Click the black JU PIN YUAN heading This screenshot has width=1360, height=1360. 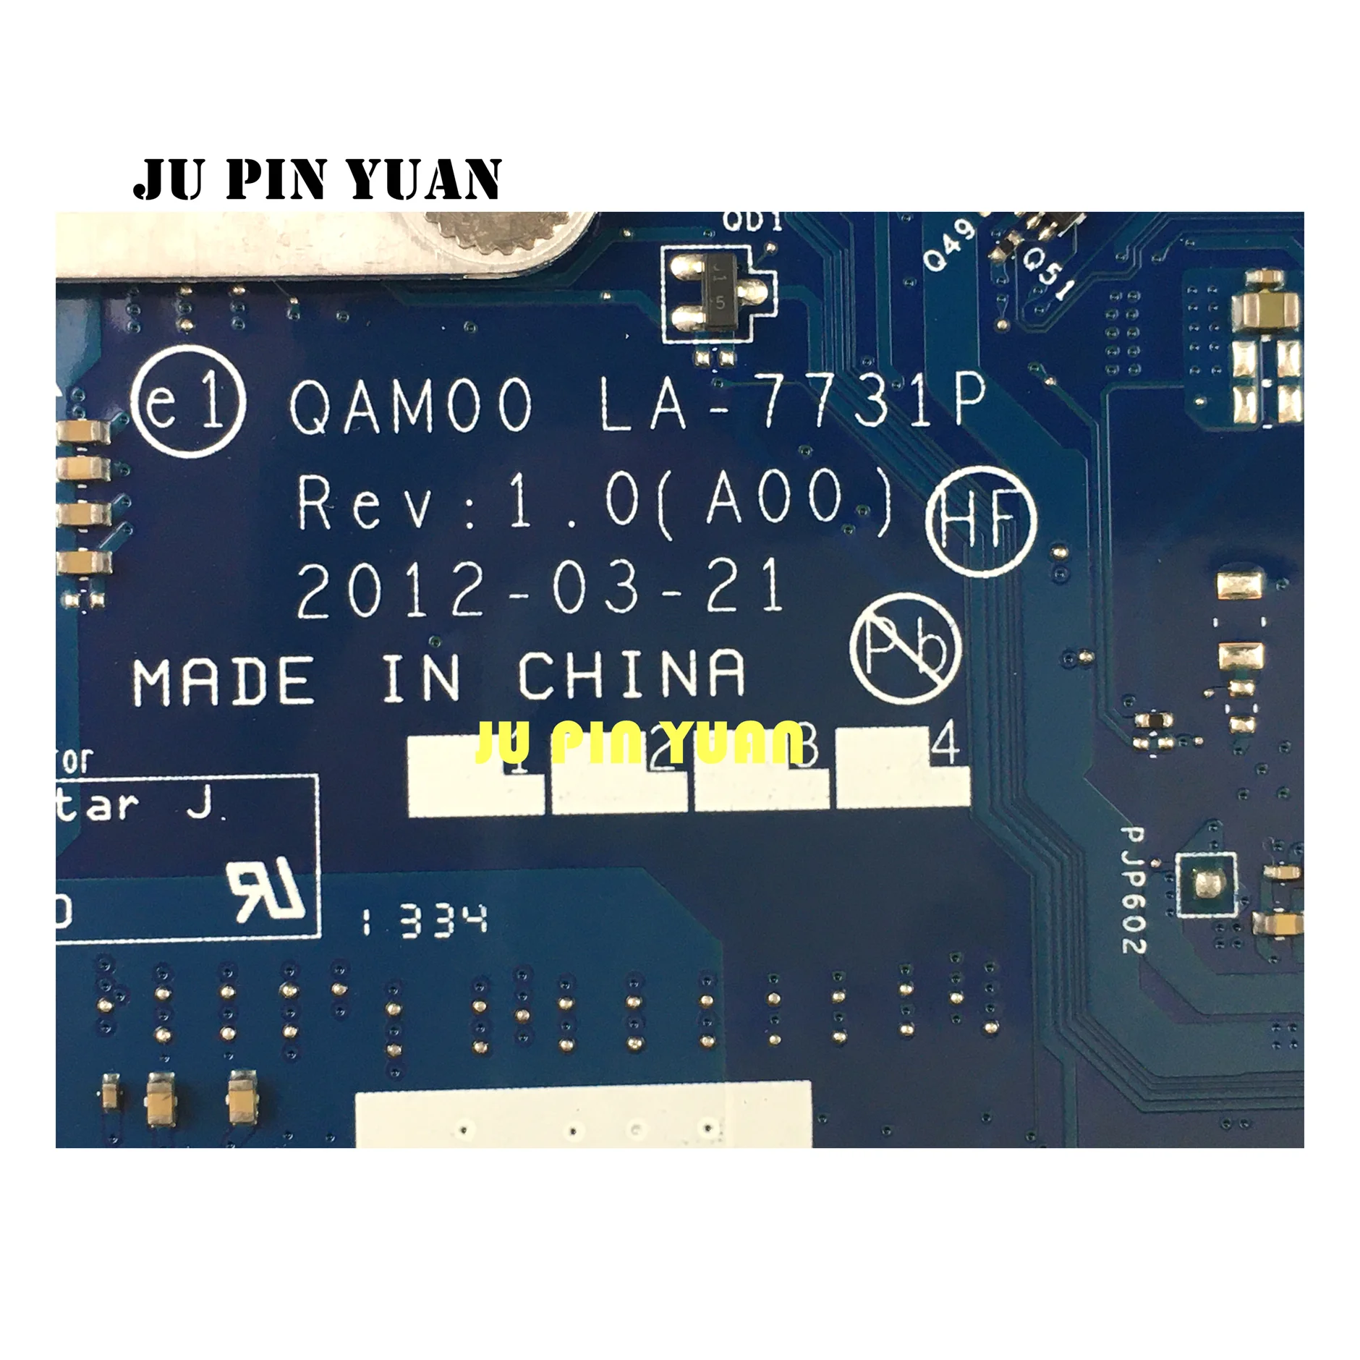[x=317, y=179]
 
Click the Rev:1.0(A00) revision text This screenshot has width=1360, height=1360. [x=595, y=505]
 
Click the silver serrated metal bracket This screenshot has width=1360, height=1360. [x=326, y=242]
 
